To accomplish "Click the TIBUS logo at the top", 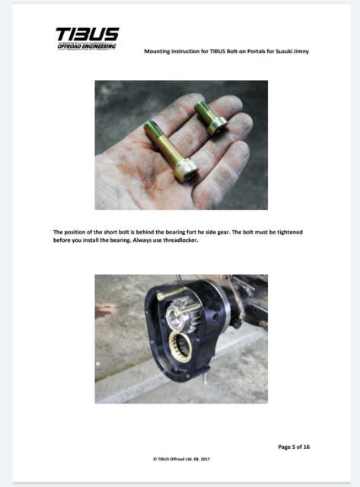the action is [x=88, y=34].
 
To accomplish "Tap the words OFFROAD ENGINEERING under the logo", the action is [x=86, y=46].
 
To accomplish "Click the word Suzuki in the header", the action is [x=282, y=51].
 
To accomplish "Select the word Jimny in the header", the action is [x=301, y=51].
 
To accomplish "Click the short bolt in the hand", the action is [x=211, y=118].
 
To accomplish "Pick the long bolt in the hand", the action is [x=170, y=151].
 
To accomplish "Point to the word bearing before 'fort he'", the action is [x=176, y=232].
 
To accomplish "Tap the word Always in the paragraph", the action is [x=142, y=240].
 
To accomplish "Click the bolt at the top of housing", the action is [x=171, y=293].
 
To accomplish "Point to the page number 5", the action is [x=293, y=447].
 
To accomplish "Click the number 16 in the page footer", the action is [x=306, y=447].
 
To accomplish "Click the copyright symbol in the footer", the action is [x=155, y=459].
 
